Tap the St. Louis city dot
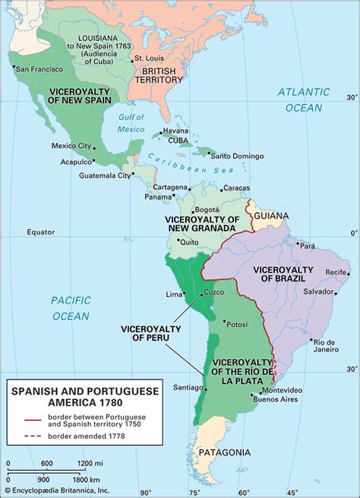[133, 60]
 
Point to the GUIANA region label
[271, 216]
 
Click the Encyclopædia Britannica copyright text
[57, 491]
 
